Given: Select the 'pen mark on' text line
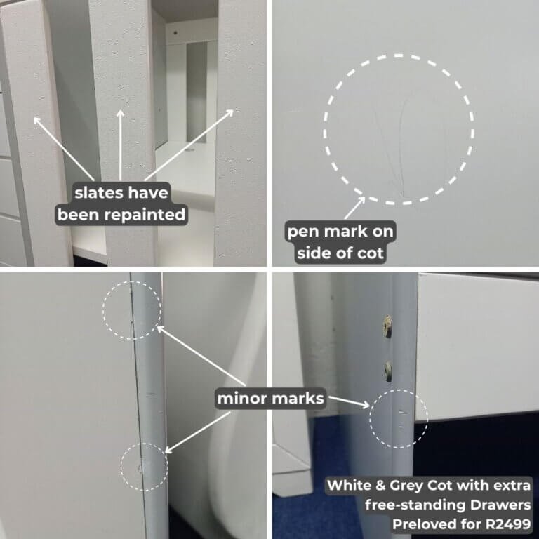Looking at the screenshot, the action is click(340, 232).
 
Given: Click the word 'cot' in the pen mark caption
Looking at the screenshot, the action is click(371, 253).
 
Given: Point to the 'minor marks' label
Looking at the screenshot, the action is click(270, 399).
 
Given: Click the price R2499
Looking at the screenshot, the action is click(508, 524).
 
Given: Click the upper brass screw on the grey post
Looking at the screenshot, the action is click(388, 326).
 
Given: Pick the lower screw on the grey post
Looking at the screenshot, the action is click(388, 371).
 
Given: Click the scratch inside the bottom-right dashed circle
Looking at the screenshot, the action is click(402, 412).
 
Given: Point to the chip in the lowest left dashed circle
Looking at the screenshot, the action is click(140, 467).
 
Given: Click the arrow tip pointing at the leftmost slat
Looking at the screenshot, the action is click(34, 118).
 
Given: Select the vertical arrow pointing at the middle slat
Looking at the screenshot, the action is click(120, 145).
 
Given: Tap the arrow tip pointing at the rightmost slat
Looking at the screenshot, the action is click(234, 110).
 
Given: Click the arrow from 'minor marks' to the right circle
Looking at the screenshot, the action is click(349, 402).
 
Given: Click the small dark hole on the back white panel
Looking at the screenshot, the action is click(175, 34).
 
